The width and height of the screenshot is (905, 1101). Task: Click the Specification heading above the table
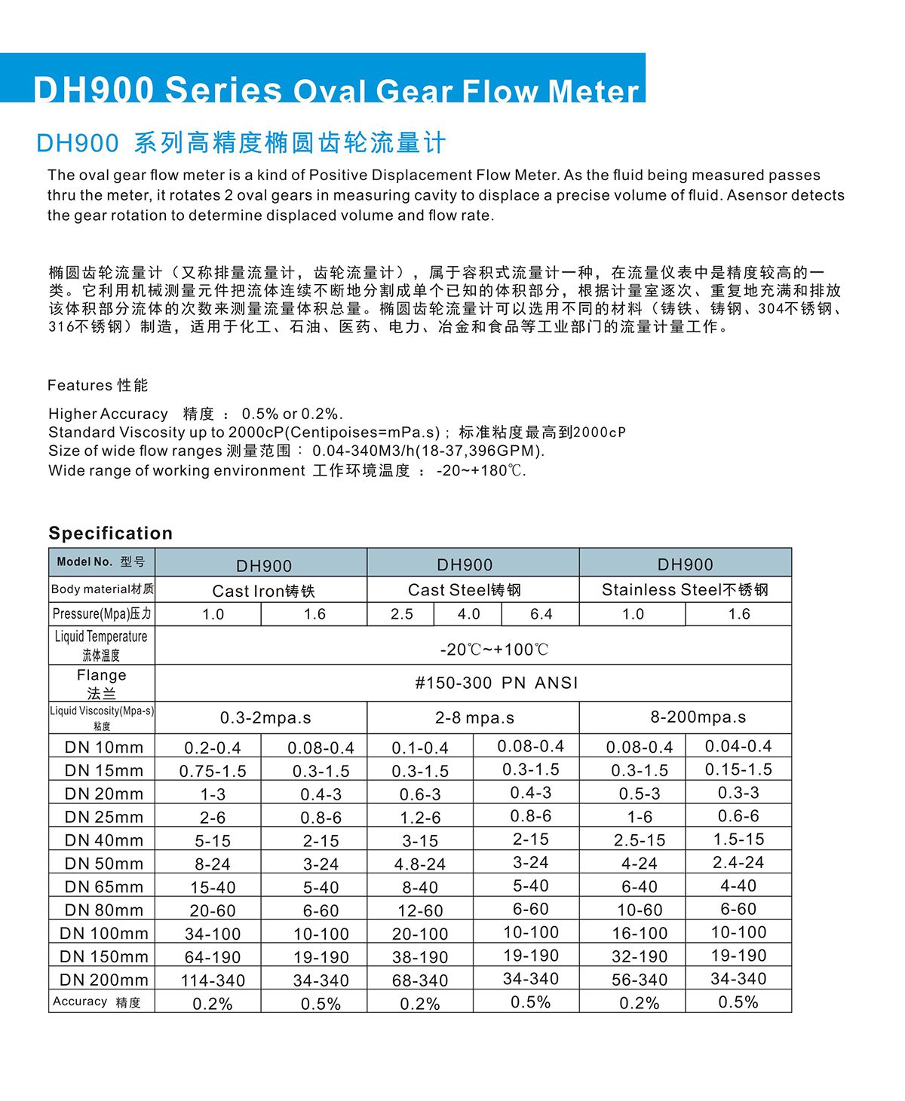click(110, 534)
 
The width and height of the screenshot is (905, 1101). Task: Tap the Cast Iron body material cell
click(263, 591)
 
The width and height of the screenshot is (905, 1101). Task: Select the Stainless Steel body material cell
click(685, 590)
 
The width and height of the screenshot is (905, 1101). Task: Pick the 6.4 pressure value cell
click(541, 614)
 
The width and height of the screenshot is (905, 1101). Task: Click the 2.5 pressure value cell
click(401, 614)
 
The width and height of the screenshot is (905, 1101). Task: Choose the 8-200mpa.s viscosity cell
click(698, 717)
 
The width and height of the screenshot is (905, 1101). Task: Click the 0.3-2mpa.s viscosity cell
click(265, 718)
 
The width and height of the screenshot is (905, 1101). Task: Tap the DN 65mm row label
click(103, 887)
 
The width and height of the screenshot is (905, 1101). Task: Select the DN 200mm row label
click(103, 980)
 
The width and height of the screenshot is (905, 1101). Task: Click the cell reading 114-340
click(213, 980)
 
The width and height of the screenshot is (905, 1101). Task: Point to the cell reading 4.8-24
click(420, 864)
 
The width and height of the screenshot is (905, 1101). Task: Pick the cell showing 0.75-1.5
click(213, 771)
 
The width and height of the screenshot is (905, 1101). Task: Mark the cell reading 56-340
click(640, 980)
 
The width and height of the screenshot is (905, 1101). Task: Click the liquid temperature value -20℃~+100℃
click(494, 650)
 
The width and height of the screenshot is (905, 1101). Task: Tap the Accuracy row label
click(97, 1002)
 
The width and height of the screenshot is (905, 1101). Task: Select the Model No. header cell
click(101, 562)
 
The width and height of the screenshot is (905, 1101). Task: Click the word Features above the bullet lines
click(78, 386)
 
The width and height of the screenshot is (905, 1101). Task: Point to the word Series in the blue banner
click(222, 90)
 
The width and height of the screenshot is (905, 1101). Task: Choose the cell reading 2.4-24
click(738, 862)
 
